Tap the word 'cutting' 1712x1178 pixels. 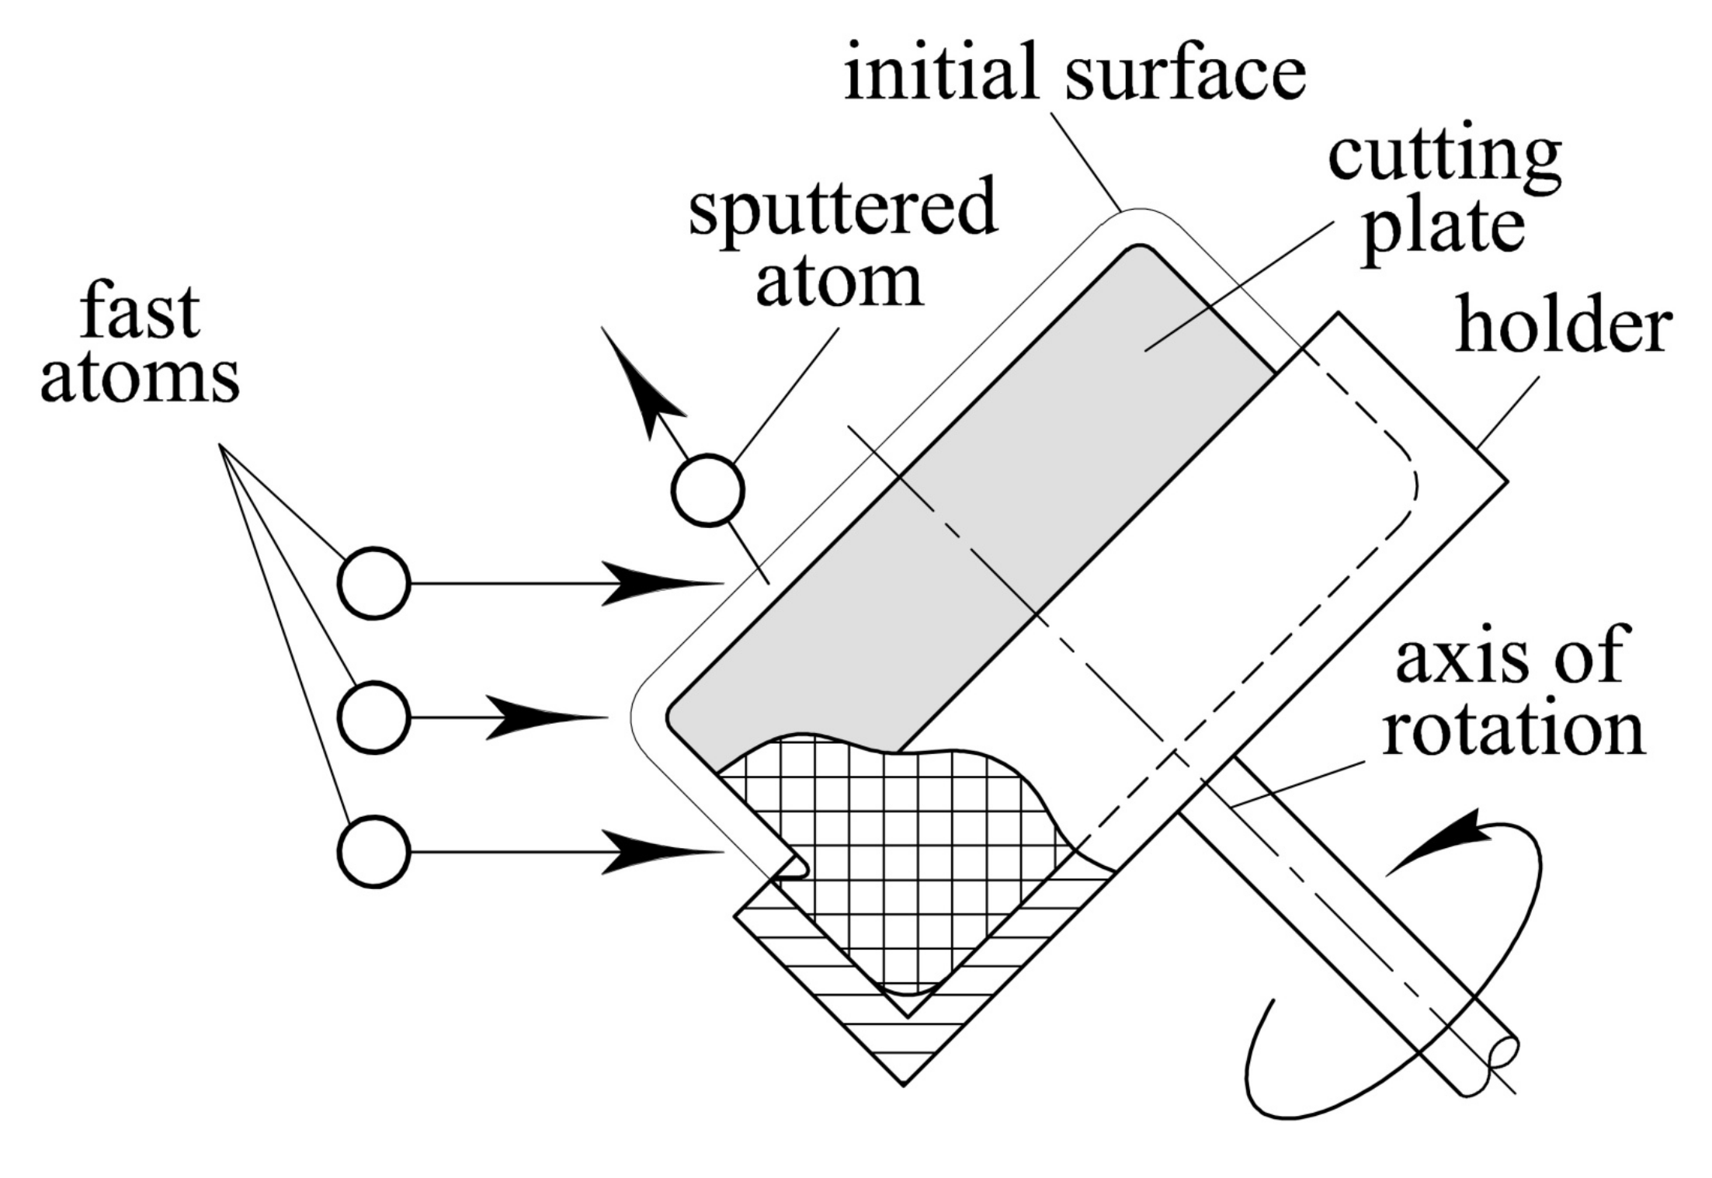(x=1445, y=159)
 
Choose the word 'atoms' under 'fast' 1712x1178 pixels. (x=140, y=380)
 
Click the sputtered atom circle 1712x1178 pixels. (x=708, y=491)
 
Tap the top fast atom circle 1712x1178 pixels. (x=373, y=583)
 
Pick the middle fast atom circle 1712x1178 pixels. (x=373, y=718)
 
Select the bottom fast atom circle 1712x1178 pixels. (x=373, y=852)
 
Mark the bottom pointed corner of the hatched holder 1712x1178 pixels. (x=903, y=1082)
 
